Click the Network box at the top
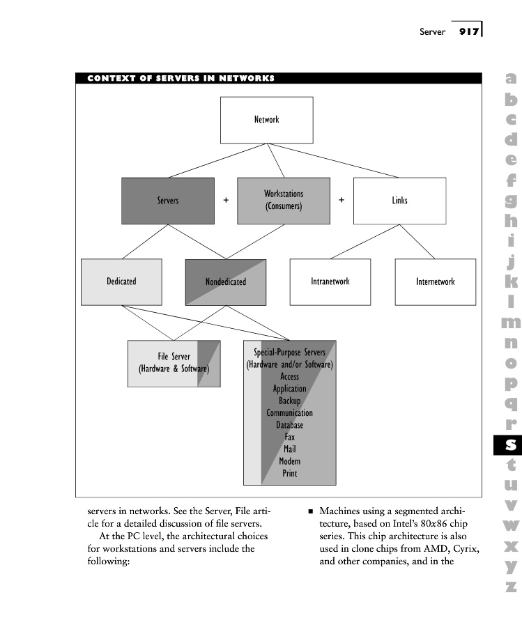[x=266, y=120]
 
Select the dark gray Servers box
[x=167, y=201]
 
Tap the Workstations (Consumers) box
[x=284, y=201]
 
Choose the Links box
[x=399, y=201]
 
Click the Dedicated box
[x=121, y=281]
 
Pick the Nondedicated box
[x=226, y=282]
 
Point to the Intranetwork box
[x=330, y=281]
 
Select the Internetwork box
[x=435, y=281]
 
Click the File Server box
[x=174, y=363]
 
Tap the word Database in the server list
[x=289, y=425]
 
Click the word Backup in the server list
[x=289, y=401]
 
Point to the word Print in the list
[x=289, y=474]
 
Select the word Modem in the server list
[x=289, y=461]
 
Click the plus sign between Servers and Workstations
[x=226, y=200]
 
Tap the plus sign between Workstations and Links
[x=341, y=200]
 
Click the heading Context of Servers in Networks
[x=181, y=78]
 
